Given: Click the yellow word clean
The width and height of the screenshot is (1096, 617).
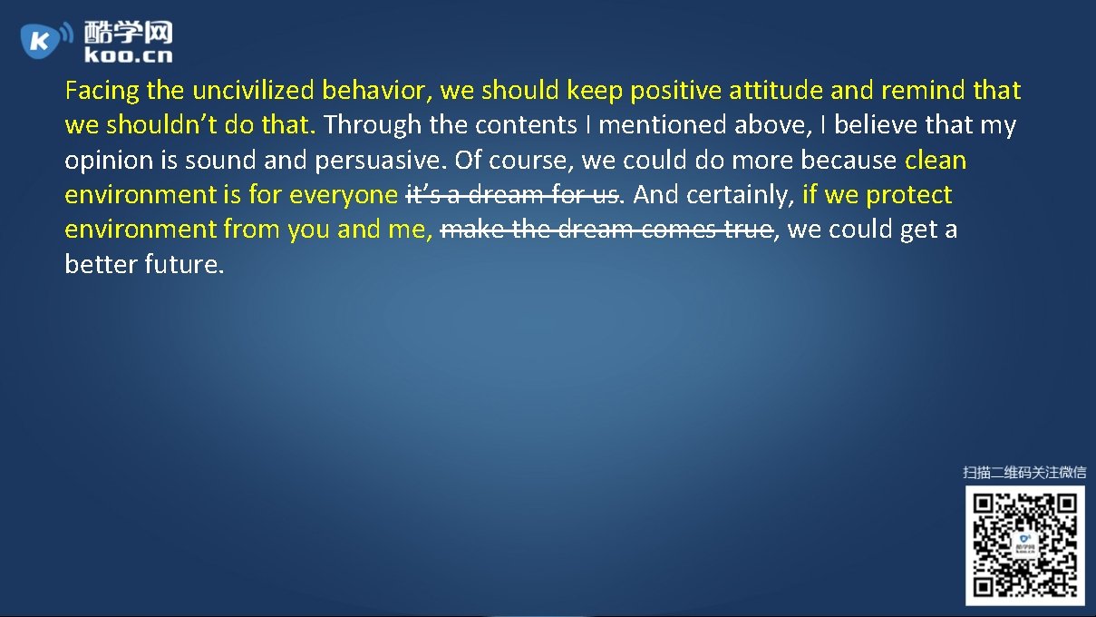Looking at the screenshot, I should (x=936, y=161).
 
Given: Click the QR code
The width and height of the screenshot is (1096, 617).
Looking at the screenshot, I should (x=1024, y=545).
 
